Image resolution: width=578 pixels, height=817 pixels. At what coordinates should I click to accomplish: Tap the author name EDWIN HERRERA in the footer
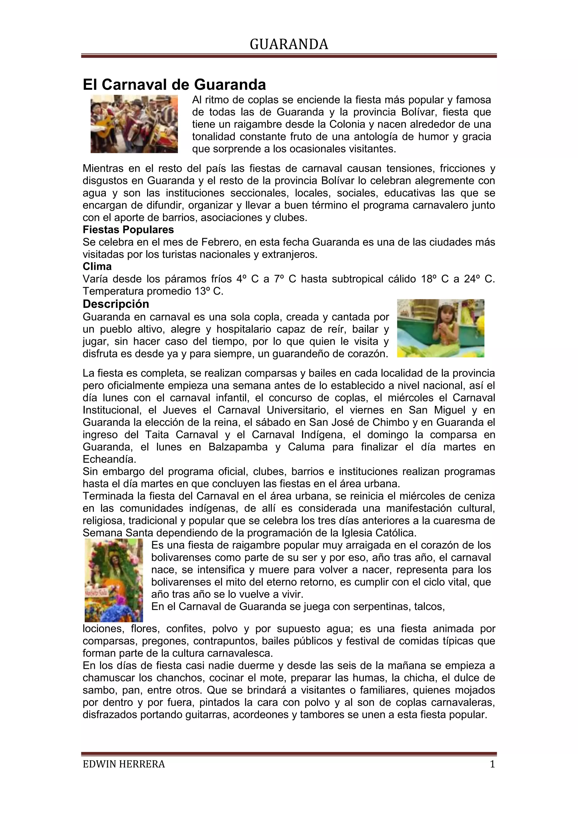pos(124,764)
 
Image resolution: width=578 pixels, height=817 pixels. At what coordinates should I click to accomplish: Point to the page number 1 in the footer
pos(492,764)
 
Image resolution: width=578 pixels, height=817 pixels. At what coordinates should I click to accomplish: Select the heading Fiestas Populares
pos(128,230)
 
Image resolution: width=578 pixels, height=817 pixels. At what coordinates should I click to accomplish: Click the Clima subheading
pos(97,267)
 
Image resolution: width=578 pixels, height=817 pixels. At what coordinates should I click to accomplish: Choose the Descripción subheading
pos(116,304)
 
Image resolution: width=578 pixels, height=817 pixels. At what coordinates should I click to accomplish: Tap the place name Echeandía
pos(109,459)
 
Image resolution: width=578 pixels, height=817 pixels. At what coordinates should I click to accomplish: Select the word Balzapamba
pos(238,447)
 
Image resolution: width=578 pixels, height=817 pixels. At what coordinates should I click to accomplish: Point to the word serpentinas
pos(379,606)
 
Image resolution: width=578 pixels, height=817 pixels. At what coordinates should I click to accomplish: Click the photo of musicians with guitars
pos(134,124)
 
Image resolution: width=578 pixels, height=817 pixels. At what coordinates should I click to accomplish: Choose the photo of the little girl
pos(440,328)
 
